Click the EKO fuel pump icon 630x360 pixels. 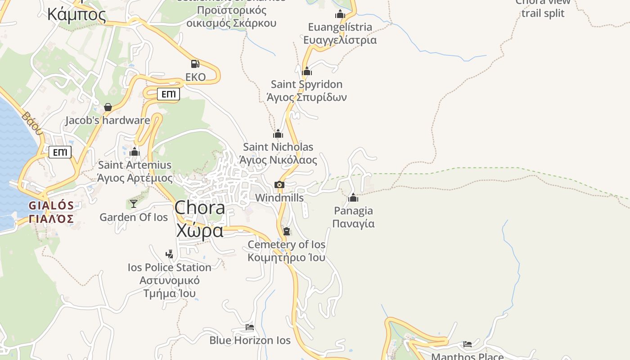click(x=195, y=64)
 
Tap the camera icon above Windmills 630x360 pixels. click(x=279, y=184)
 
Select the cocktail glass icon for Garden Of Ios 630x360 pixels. click(x=134, y=204)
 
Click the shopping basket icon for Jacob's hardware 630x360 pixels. click(x=108, y=107)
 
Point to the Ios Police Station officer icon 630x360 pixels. click(x=169, y=254)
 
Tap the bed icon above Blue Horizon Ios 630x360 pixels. click(x=250, y=327)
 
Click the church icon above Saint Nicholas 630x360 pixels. click(x=278, y=134)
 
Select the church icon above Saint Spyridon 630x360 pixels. click(x=307, y=71)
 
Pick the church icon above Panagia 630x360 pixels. click(x=353, y=198)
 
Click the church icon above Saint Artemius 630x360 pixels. click(x=135, y=152)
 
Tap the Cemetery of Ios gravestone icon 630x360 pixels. click(x=287, y=231)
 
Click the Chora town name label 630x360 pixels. click(x=200, y=208)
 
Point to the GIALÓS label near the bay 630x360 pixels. click(x=51, y=206)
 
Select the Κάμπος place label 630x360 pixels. click(x=76, y=14)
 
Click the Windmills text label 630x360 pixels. click(x=279, y=198)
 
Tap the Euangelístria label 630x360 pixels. click(x=340, y=27)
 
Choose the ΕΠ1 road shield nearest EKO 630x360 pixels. click(x=168, y=94)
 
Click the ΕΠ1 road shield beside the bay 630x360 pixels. click(x=60, y=152)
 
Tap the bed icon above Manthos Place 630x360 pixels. click(x=468, y=344)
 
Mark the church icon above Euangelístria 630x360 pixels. click(x=340, y=14)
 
